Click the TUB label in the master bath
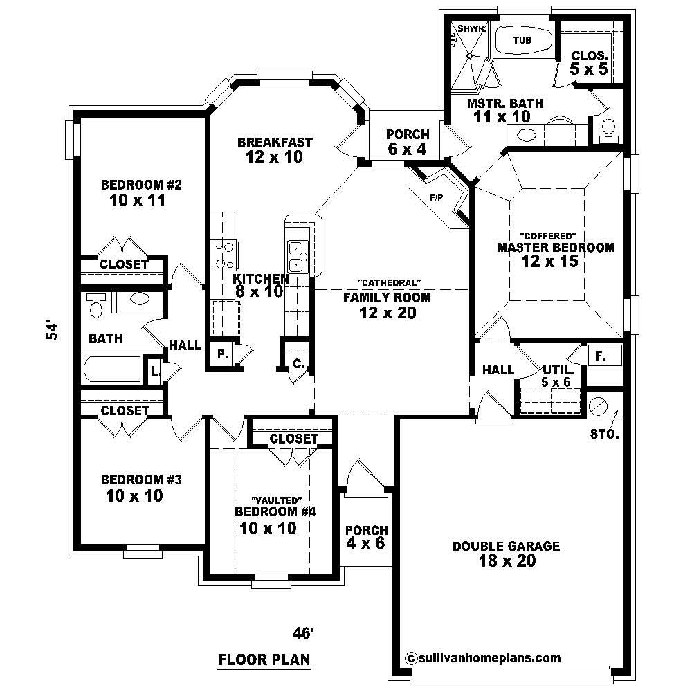[522, 40]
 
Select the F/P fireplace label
[436, 198]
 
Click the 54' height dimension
[50, 331]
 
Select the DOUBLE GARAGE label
[507, 546]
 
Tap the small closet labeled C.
[298, 362]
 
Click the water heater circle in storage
[598, 406]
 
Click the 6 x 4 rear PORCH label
[408, 140]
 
